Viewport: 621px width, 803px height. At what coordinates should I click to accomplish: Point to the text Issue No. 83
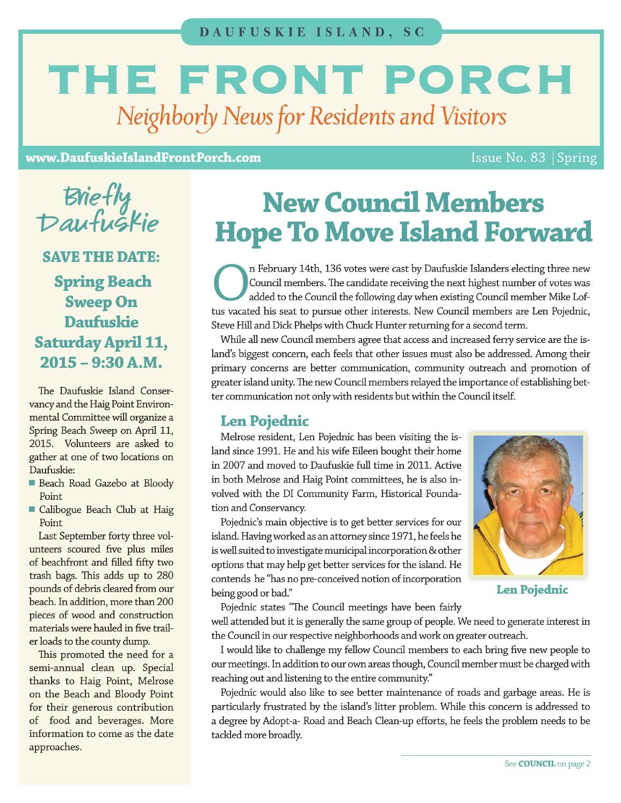(x=508, y=158)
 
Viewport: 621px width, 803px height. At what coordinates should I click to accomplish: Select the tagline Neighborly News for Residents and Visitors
(x=312, y=115)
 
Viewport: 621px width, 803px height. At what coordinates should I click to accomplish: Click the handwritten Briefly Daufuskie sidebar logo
(x=102, y=211)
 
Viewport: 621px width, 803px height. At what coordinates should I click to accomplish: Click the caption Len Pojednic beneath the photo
(x=532, y=590)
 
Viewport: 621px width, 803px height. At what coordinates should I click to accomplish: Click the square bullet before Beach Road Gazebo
(x=33, y=484)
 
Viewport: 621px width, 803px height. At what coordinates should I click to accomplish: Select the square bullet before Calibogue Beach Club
(x=33, y=509)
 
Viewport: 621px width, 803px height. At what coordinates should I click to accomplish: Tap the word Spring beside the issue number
(x=577, y=158)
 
